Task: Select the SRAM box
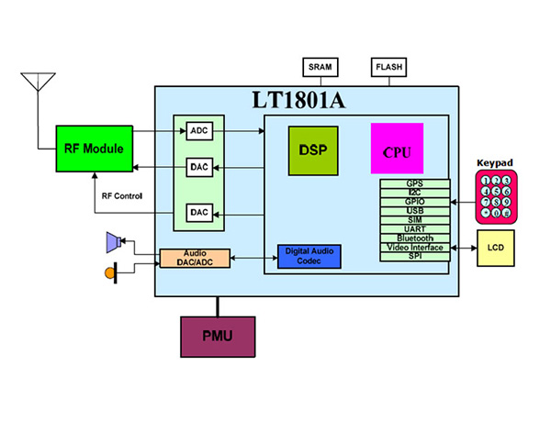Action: [320, 67]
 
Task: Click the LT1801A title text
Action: [298, 100]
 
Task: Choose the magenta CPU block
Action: [397, 149]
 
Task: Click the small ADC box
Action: [200, 131]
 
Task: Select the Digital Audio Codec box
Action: [309, 256]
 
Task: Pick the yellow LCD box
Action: [494, 248]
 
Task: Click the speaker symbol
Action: [114, 242]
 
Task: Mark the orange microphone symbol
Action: [110, 272]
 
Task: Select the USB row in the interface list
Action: [414, 210]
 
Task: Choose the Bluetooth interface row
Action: [414, 238]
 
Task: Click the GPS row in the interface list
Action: [414, 183]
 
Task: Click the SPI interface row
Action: [414, 256]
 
